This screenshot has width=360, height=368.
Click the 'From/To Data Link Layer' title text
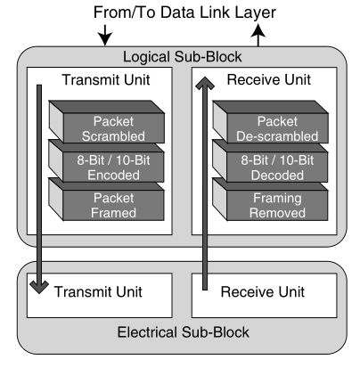184,13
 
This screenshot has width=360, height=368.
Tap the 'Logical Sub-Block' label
183,57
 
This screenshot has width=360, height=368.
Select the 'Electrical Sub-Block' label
183,332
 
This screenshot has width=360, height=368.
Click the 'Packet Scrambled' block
107,122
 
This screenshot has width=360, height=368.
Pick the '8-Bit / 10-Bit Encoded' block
106,161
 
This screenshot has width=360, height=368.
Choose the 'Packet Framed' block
106,200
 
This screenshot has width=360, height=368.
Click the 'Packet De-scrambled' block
270,122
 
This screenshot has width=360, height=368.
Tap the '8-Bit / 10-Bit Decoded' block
270,161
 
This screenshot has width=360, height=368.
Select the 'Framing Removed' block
270,200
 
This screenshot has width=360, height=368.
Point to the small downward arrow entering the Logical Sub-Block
105,36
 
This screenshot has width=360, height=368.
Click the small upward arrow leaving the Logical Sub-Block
258,36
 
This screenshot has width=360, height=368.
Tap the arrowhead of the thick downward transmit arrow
39,288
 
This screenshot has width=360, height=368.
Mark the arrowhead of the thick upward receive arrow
205,83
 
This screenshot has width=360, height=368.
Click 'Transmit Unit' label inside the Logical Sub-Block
106,80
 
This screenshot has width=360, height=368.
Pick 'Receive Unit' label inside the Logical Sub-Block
269,79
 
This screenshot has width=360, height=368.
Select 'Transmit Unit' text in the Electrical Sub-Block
98,291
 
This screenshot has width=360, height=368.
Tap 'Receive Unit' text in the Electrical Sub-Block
263,291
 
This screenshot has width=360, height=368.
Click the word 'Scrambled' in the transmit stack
113,136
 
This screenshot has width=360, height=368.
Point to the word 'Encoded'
113,175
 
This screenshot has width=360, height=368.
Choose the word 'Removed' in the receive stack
277,213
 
